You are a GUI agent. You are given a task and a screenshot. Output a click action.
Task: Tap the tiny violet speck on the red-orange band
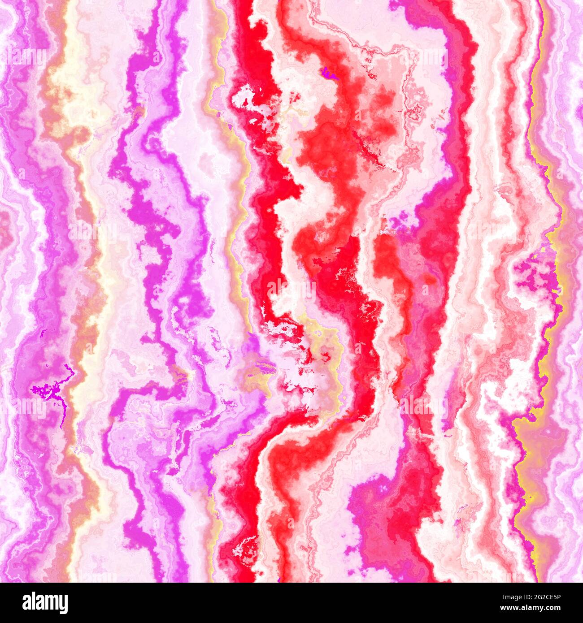coord(329,72)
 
